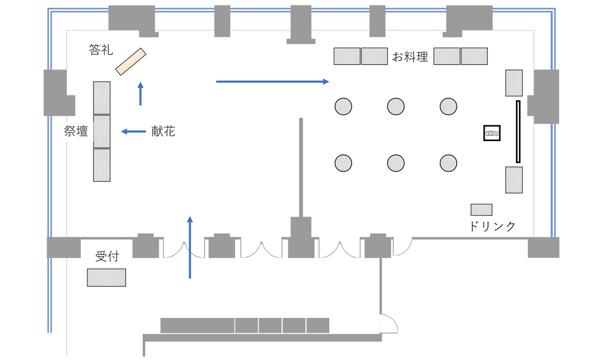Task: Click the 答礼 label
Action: [101, 50]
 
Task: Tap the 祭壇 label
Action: [76, 131]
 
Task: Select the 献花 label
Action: [163, 131]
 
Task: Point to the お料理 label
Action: [410, 56]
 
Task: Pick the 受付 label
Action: [107, 257]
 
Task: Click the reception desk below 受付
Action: [106, 277]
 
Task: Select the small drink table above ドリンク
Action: [481, 210]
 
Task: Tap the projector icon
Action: [492, 133]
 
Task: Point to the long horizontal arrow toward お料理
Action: [272, 82]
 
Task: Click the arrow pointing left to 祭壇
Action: [133, 131]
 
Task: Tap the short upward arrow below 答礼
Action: [141, 94]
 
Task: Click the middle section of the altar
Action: [102, 131]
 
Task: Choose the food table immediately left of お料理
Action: [374, 56]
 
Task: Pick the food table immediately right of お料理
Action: [447, 56]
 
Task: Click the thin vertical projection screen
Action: [517, 131]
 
